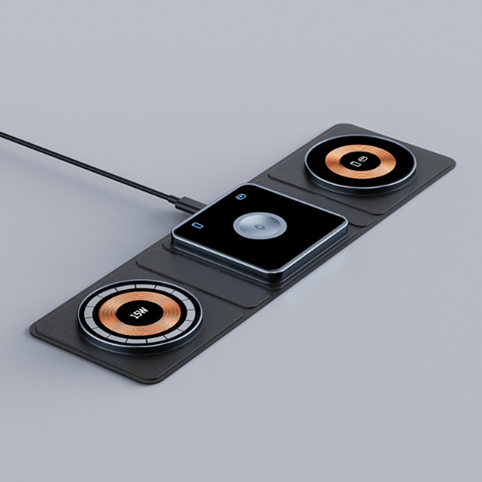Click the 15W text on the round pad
[140, 313]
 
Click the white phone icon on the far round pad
[355, 163]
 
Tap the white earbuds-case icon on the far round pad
[363, 159]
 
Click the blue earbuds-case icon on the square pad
[240, 196]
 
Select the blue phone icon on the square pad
[198, 225]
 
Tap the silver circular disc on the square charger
[260, 225]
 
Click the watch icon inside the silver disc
[260, 227]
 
